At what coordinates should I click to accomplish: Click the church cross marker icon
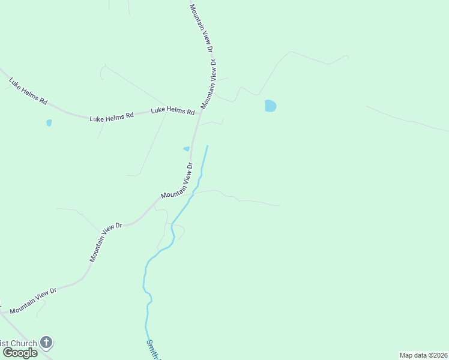(x=46, y=343)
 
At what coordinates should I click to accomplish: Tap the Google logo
(x=20, y=353)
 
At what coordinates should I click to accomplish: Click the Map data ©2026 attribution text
(x=423, y=355)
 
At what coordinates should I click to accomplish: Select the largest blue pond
(x=271, y=106)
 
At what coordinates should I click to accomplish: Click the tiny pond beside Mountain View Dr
(x=187, y=149)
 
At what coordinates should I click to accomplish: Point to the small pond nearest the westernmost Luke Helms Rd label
(x=49, y=122)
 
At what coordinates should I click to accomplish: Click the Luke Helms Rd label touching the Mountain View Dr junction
(x=172, y=111)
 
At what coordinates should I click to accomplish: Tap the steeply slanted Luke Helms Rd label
(x=28, y=91)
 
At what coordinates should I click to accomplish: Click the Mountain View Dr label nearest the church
(x=32, y=300)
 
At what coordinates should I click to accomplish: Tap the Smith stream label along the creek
(x=152, y=350)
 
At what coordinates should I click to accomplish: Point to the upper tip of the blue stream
(x=208, y=146)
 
